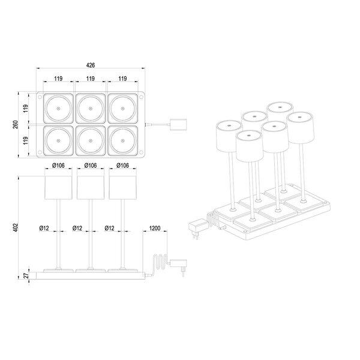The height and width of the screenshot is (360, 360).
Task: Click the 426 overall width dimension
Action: [x=91, y=65]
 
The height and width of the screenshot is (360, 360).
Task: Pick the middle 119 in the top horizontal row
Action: [x=91, y=79]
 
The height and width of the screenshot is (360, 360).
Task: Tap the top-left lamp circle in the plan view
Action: [x=58, y=109]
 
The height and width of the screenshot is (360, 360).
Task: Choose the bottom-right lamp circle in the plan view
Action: [x=122, y=140]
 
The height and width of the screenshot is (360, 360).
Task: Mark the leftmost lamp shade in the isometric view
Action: [x=229, y=136]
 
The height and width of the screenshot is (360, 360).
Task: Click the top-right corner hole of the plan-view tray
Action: [x=141, y=97]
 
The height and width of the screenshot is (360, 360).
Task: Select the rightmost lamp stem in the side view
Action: [x=122, y=234]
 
